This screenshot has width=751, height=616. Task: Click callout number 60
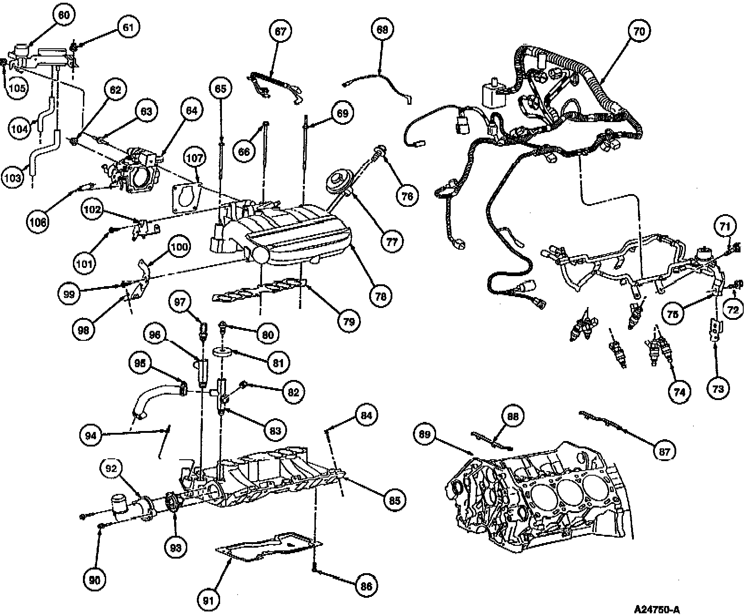tap(63, 15)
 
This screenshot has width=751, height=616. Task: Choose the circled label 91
tap(209, 601)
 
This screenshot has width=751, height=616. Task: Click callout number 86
tap(366, 586)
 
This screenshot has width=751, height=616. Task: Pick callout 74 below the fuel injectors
tap(679, 391)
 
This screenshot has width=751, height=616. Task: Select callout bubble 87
tap(664, 451)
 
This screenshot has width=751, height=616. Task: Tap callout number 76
tap(407, 195)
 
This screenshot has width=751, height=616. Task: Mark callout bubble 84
tap(366, 415)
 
